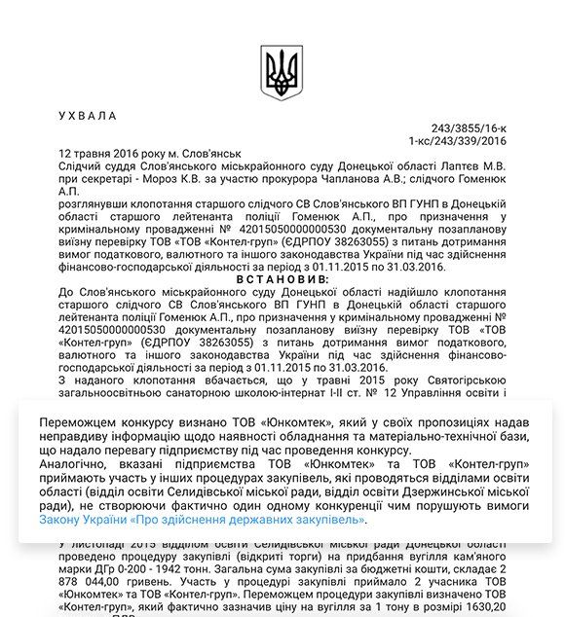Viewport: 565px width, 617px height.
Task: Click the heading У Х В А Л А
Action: (x=88, y=116)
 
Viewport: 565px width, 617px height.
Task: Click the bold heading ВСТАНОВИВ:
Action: (x=282, y=279)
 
